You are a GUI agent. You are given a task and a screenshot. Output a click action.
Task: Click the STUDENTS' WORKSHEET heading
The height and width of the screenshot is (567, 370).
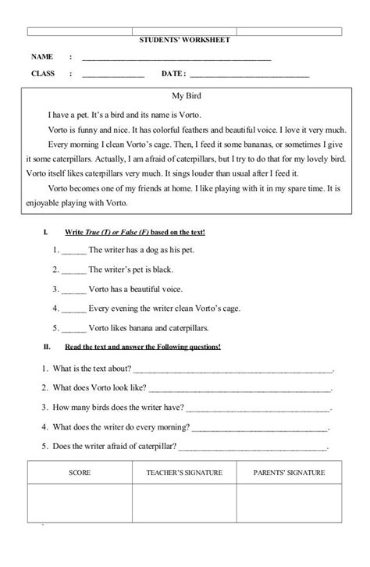pyautogui.click(x=184, y=40)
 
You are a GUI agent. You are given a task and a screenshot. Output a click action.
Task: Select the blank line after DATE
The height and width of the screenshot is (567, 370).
pyautogui.click(x=249, y=76)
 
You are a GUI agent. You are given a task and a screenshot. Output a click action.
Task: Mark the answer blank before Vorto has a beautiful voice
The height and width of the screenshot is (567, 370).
pyautogui.click(x=73, y=289)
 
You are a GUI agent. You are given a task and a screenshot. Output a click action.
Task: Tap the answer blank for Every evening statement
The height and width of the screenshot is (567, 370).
pyautogui.click(x=73, y=308)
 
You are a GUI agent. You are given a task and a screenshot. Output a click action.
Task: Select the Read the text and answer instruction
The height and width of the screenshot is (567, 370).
pyautogui.click(x=141, y=347)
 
